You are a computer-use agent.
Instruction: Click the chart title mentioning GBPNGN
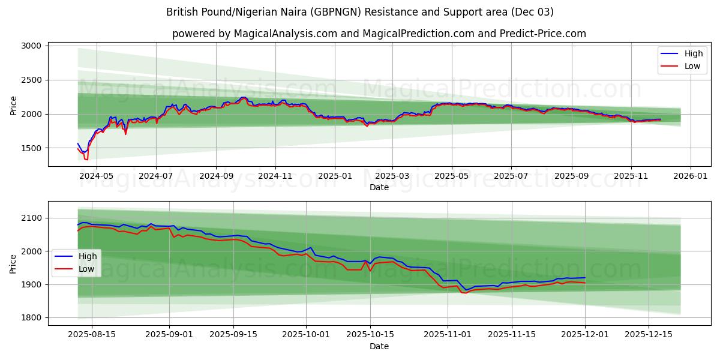(360, 12)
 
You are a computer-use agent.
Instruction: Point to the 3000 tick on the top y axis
(31, 46)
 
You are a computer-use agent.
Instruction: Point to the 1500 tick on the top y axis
(31, 148)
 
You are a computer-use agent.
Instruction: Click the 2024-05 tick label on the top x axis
(97, 176)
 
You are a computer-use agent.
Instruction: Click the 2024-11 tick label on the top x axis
(275, 176)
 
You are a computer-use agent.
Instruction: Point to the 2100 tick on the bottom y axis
(31, 218)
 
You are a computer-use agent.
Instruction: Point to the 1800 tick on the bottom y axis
(31, 317)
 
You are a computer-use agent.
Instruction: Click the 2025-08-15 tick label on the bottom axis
(92, 335)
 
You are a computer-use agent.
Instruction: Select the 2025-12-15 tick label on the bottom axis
(648, 335)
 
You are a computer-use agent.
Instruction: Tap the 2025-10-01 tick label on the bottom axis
(306, 335)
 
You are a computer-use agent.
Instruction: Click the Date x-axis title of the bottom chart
(379, 346)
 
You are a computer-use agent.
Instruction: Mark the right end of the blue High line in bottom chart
(585, 278)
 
